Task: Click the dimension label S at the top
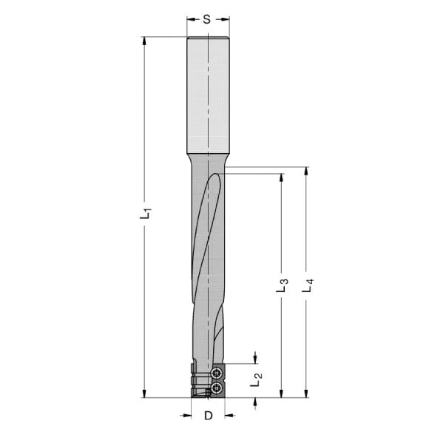click(x=207, y=19)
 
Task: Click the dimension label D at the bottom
click(x=209, y=416)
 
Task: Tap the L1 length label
click(x=145, y=213)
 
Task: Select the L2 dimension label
click(x=256, y=379)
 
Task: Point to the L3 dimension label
click(x=282, y=286)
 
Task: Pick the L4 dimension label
click(x=308, y=286)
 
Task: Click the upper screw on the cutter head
click(x=217, y=373)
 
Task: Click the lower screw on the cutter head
click(x=217, y=387)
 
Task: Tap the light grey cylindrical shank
click(x=208, y=95)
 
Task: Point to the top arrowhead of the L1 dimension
click(x=144, y=41)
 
